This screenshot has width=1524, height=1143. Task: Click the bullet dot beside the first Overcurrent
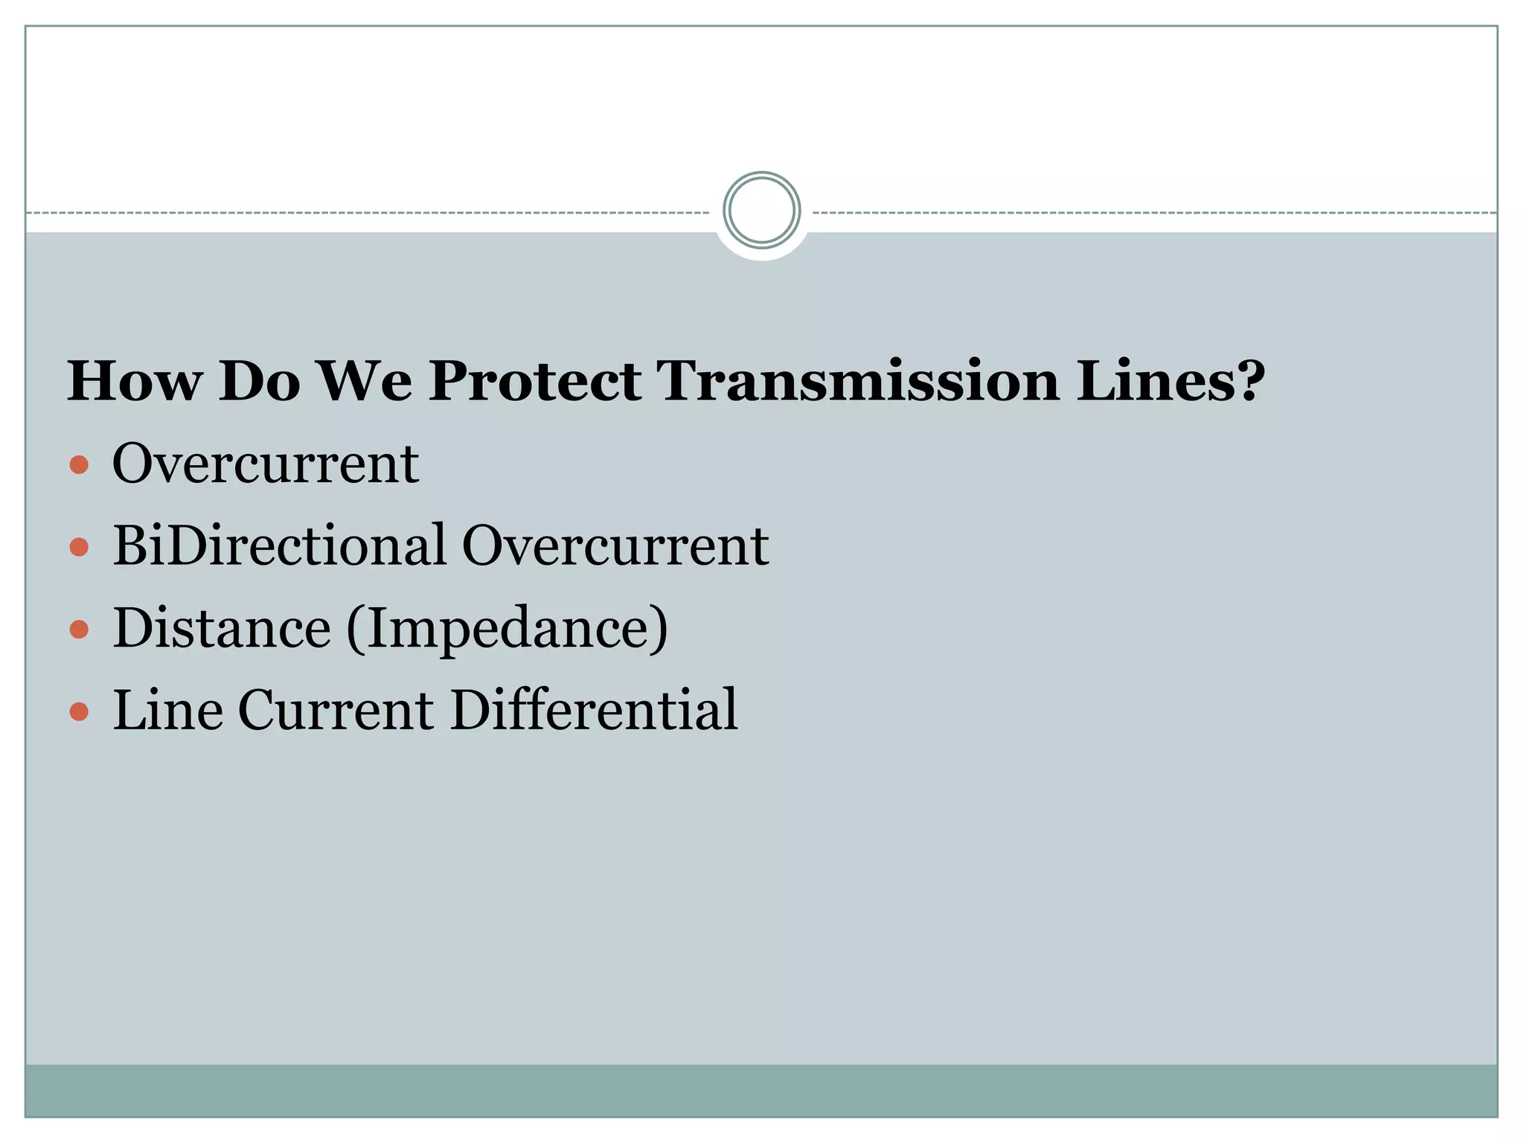tap(79, 466)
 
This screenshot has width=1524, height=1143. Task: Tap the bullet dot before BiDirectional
tap(79, 548)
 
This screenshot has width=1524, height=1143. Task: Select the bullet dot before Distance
tap(79, 630)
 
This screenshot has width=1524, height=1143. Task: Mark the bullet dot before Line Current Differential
tap(79, 712)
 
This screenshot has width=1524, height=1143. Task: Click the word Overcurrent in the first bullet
tap(266, 464)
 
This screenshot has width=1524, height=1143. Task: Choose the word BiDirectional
tap(279, 545)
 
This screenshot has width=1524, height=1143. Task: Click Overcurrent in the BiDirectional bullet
tap(615, 545)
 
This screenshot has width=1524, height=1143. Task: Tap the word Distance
tap(222, 628)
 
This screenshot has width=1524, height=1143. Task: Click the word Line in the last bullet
tap(167, 710)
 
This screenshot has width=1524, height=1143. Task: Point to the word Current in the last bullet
tap(336, 710)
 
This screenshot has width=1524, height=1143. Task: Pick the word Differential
tap(594, 710)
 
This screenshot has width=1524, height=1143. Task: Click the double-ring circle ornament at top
tap(761, 210)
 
